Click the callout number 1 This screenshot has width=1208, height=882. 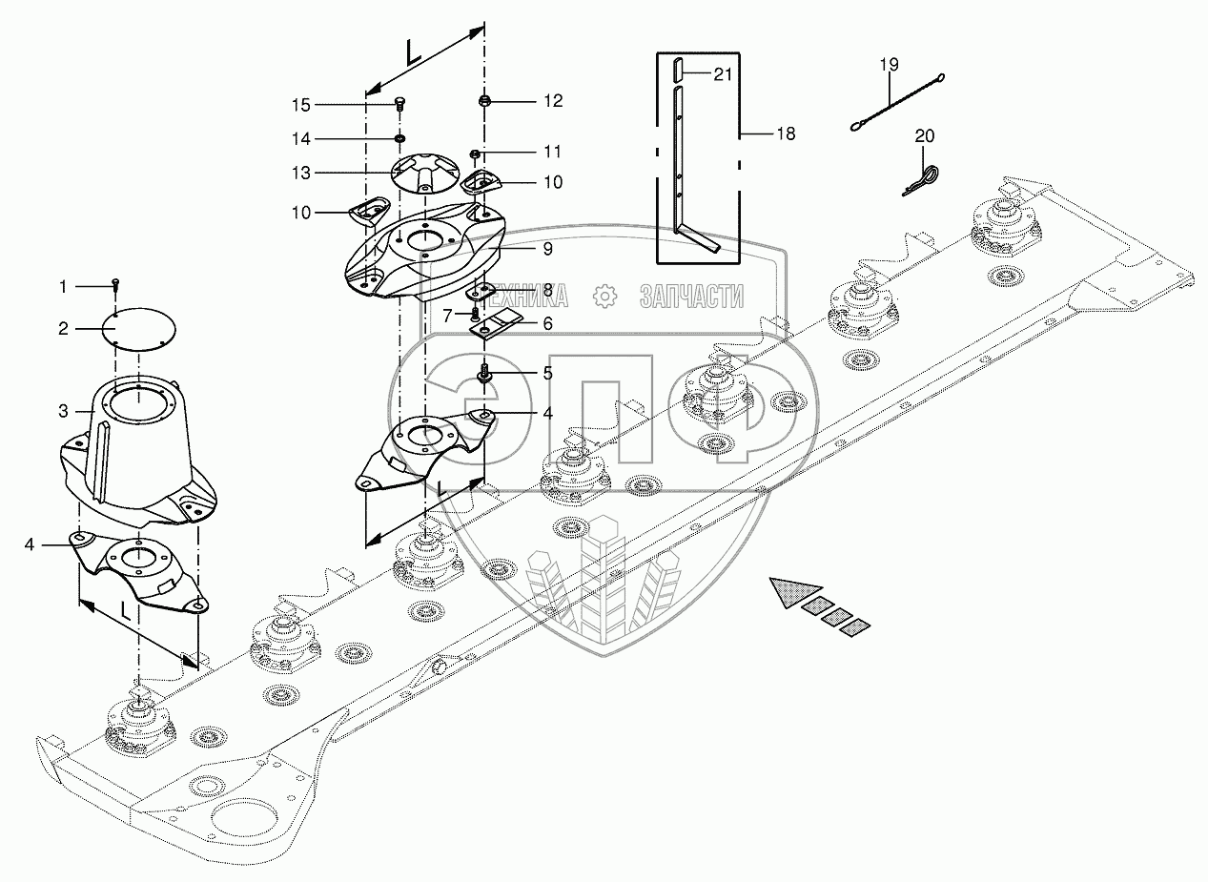coord(63,285)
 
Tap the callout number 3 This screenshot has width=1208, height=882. coord(63,412)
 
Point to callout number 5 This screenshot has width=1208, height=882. coord(547,373)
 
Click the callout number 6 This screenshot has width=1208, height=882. coord(547,323)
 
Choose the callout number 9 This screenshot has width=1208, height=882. coord(547,248)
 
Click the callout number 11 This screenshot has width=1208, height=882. coord(553,152)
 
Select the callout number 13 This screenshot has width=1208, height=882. coord(301,173)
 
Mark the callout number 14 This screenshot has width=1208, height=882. coord(301,139)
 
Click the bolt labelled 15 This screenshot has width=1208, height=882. coord(399,103)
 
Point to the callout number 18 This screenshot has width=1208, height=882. coord(785,133)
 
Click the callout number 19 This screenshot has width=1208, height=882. coord(889,65)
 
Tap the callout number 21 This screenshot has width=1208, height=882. coord(723,74)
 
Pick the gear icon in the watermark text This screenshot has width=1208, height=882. coord(604,297)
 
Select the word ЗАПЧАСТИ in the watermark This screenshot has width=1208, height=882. coord(691,297)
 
